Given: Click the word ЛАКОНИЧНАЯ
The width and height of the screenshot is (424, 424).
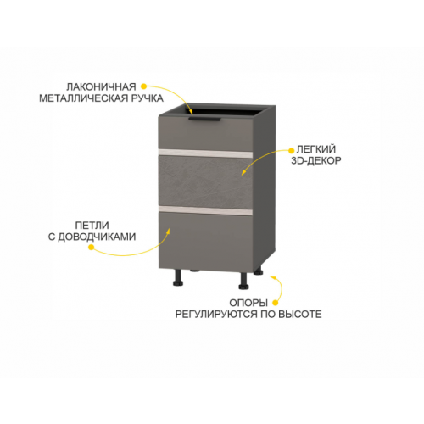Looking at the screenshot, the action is coord(101,86).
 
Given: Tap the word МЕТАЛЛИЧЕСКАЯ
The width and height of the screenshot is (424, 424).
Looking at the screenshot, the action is coord(84,98).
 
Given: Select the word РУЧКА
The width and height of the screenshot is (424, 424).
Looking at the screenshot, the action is coord(148,98).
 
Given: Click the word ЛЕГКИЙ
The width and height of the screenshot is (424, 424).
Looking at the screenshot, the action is coord(316,149).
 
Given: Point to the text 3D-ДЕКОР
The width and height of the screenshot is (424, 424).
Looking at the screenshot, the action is coord(316,161).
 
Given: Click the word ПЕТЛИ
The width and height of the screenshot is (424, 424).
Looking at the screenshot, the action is coord(92,226).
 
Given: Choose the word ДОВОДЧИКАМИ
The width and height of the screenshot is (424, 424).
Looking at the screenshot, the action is coord(97,237).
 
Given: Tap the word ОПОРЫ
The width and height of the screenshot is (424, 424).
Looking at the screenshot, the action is coord(248,303).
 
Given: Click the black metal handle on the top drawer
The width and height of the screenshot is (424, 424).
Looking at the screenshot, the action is coord(204,120).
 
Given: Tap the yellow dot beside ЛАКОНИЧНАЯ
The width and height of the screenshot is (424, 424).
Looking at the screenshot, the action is coord(144,86).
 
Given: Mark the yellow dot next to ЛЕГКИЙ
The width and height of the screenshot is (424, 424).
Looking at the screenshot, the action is coord(291,150).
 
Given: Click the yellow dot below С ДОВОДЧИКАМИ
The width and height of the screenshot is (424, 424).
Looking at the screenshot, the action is coord(91,248).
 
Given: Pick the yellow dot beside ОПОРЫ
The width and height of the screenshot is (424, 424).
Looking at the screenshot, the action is coord(275,303).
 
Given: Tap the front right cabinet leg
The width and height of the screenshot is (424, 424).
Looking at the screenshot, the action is coord(243,281).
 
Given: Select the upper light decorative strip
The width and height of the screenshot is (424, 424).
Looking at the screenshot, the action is coord(205,153).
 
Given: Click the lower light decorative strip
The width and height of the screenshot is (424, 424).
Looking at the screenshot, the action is coord(205,210).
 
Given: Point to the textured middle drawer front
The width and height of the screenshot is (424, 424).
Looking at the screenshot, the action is coord(205,181).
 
